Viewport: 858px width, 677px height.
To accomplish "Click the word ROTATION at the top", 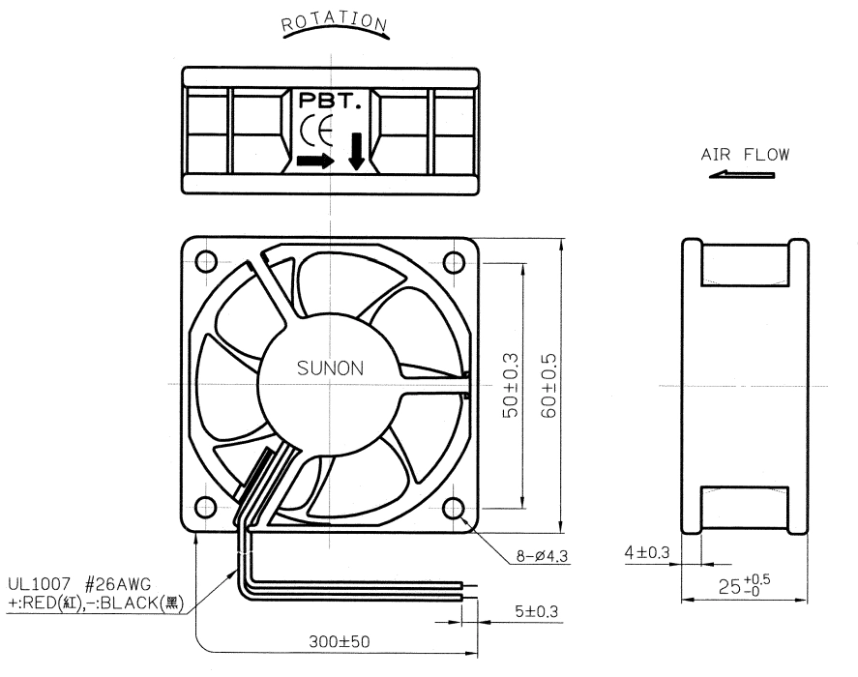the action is pos(334,21).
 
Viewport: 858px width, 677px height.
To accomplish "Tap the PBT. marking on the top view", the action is pos(330,101).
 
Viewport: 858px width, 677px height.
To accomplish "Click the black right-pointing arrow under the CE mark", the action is pos(315,161).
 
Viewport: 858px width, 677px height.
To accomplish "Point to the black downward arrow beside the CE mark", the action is pos(357,151).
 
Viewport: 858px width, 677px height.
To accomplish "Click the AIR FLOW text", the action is pos(745,155).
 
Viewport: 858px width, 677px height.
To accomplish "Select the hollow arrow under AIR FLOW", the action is pos(742,175).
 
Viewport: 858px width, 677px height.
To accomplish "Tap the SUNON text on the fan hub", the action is pos(330,368).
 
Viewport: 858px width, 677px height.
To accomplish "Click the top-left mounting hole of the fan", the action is pos(206,261).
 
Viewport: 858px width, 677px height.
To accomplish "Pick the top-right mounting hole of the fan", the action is pos(454,261).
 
